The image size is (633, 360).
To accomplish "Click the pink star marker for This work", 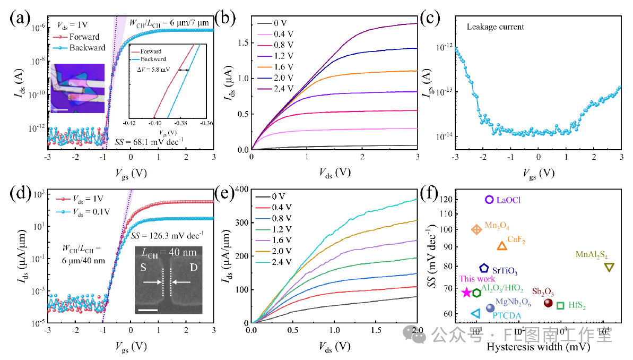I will [466, 293].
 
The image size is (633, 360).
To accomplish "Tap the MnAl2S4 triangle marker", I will [610, 267].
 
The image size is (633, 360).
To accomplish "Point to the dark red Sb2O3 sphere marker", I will [548, 303].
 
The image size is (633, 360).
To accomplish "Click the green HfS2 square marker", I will [560, 305].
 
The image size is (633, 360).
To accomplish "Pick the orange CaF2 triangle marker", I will [501, 246].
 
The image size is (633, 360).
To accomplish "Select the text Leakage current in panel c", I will [496, 27].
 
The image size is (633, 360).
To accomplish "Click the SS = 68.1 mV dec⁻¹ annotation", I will [149, 141].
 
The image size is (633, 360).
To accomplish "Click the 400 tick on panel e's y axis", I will [243, 189].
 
